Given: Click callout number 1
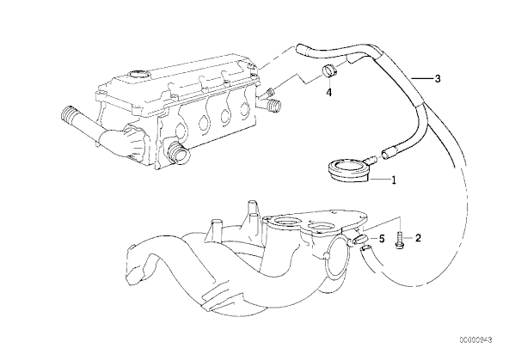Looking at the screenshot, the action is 394,180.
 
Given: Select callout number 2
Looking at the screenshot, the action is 418,238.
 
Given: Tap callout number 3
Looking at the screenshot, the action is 438,78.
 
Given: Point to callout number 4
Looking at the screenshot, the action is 328,93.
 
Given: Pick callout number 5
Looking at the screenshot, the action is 382,240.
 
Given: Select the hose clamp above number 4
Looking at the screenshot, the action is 328,71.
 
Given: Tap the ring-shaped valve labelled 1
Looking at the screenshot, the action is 348,169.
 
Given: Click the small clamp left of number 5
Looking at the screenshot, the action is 359,240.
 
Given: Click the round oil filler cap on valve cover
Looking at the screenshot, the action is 138,75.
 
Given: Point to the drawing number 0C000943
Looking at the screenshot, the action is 475,340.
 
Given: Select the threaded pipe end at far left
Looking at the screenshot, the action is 69,115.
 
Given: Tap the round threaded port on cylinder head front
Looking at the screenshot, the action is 177,152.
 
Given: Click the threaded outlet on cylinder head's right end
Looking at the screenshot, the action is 273,106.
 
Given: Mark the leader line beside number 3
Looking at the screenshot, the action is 420,78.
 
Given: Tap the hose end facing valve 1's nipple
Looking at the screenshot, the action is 387,152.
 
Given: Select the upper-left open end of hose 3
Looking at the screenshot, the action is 300,49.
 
